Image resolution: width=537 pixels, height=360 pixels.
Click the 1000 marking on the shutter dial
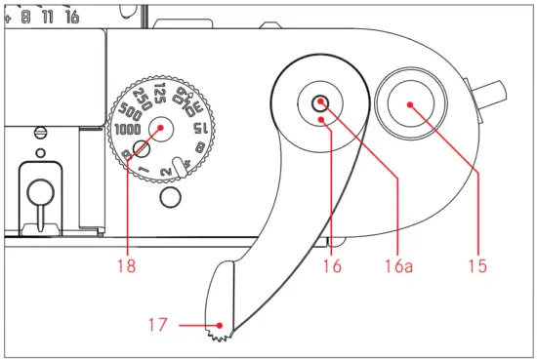127,129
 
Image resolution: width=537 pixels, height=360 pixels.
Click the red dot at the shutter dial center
161,125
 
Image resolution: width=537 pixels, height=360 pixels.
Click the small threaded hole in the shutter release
320,101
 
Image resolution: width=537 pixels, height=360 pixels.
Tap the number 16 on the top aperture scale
71,17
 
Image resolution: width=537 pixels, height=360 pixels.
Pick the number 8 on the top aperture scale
24,17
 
